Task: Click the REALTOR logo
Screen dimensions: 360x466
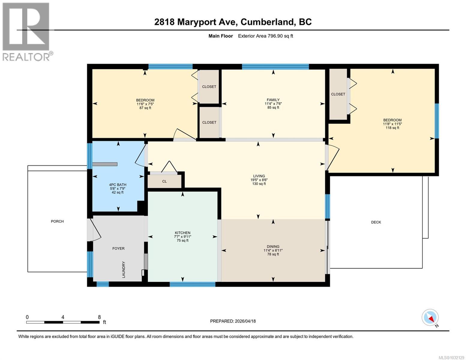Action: tap(26, 31)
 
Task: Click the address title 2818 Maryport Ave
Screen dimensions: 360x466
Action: tap(233, 22)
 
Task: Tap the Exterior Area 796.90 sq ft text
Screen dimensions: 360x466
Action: tap(265, 36)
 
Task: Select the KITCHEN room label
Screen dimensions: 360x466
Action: tap(182, 233)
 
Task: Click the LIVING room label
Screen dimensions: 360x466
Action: tap(259, 176)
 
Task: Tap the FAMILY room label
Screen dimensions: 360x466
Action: tap(273, 100)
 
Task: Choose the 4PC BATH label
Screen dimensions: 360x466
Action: tap(118, 185)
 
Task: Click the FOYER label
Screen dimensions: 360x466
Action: tap(118, 248)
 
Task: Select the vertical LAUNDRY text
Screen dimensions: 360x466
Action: tap(124, 269)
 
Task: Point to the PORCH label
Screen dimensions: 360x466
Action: tap(57, 221)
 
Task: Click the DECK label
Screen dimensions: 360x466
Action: tap(376, 222)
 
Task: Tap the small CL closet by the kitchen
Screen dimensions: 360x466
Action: tap(164, 181)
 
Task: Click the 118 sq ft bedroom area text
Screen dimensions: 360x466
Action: tap(392, 128)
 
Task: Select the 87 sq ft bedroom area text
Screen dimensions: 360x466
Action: tap(145, 108)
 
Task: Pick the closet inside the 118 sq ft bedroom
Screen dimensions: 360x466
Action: tap(338, 94)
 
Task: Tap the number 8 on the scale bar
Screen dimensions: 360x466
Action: tap(99, 317)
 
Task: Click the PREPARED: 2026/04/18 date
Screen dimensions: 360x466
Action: tap(233, 321)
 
